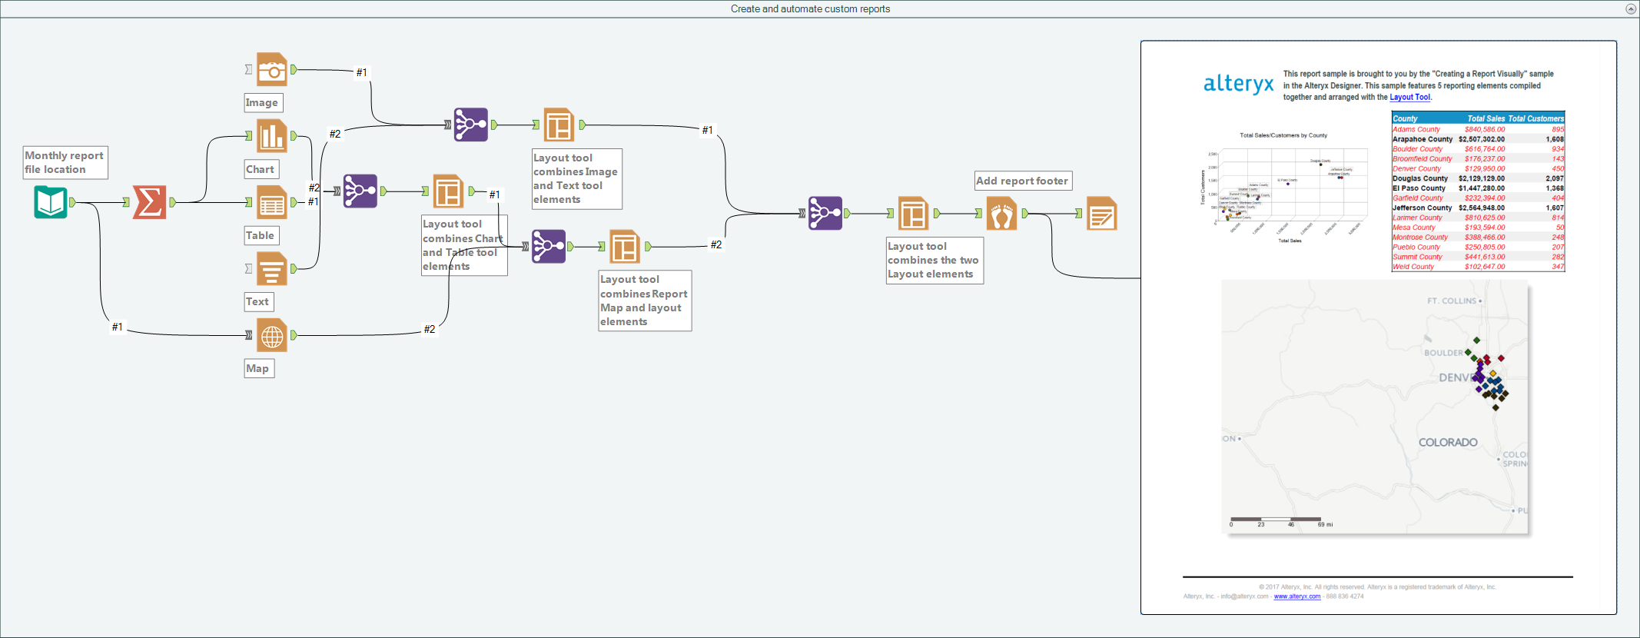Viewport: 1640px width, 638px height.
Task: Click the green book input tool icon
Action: (51, 202)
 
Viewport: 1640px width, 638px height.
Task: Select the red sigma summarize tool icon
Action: (149, 202)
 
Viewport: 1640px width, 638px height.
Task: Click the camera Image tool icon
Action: (272, 70)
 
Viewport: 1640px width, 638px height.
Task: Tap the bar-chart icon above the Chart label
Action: (272, 136)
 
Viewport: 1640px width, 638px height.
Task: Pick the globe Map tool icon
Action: (272, 335)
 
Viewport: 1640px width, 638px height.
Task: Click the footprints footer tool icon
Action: (1001, 214)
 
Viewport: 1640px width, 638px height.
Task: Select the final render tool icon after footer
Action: (1101, 214)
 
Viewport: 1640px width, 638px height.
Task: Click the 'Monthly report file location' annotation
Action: (65, 162)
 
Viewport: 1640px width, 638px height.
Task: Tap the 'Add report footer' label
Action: (1022, 181)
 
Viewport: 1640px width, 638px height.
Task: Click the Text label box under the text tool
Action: (257, 301)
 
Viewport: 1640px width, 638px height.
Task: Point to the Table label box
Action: (260, 235)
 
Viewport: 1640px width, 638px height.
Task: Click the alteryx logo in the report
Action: (1238, 83)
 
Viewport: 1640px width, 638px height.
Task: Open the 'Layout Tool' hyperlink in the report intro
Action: (1409, 98)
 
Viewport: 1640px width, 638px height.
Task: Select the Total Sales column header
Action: (1486, 118)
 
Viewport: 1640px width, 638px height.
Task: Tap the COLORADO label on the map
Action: (1448, 442)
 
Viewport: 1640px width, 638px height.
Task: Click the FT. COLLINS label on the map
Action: (1451, 301)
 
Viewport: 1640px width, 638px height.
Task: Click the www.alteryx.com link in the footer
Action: (1296, 596)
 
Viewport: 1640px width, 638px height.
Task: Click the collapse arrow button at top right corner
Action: (1630, 9)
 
